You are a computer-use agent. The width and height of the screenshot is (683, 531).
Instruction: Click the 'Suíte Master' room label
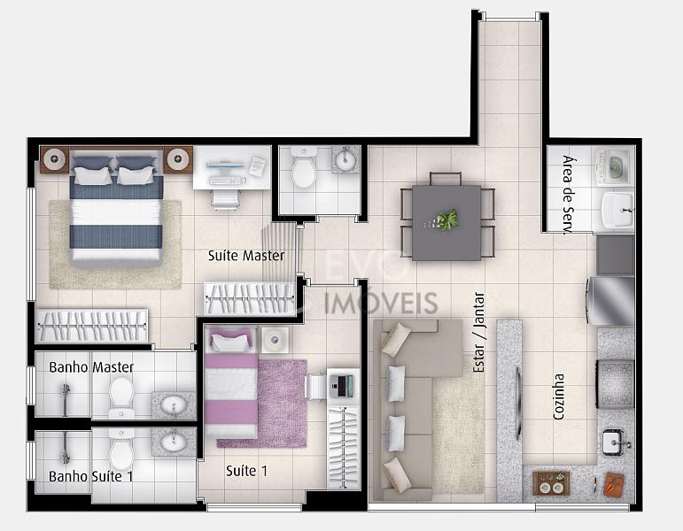pyautogui.click(x=246, y=256)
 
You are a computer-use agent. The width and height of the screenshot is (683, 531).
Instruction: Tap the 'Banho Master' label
pyautogui.click(x=91, y=367)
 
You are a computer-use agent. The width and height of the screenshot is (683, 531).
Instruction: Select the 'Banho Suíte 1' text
pyautogui.click(x=91, y=477)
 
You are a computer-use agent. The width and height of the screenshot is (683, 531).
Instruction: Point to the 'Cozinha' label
pyautogui.click(x=558, y=396)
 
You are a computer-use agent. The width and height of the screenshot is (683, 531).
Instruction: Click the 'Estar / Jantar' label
pyautogui.click(x=478, y=332)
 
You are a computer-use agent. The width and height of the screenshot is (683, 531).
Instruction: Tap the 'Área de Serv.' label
pyautogui.click(x=567, y=195)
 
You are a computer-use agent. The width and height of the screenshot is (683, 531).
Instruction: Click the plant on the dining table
pyautogui.click(x=447, y=219)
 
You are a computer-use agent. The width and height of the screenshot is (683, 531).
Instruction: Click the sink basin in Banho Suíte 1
pyautogui.click(x=174, y=442)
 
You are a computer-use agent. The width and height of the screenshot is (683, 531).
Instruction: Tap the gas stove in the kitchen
pyautogui.click(x=616, y=383)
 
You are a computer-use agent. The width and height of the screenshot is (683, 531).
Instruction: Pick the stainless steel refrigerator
pyautogui.click(x=610, y=301)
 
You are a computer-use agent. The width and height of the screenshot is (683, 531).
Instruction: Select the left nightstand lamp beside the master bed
pyautogui.click(x=54, y=158)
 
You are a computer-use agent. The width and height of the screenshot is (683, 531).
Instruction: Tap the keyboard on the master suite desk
pyautogui.click(x=225, y=181)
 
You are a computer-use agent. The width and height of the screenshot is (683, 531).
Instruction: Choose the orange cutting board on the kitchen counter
pyautogui.click(x=614, y=484)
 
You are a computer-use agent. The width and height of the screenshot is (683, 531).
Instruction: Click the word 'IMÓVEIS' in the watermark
pyautogui.click(x=381, y=303)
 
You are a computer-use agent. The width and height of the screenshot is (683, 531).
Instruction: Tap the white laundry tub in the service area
pyautogui.click(x=617, y=211)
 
